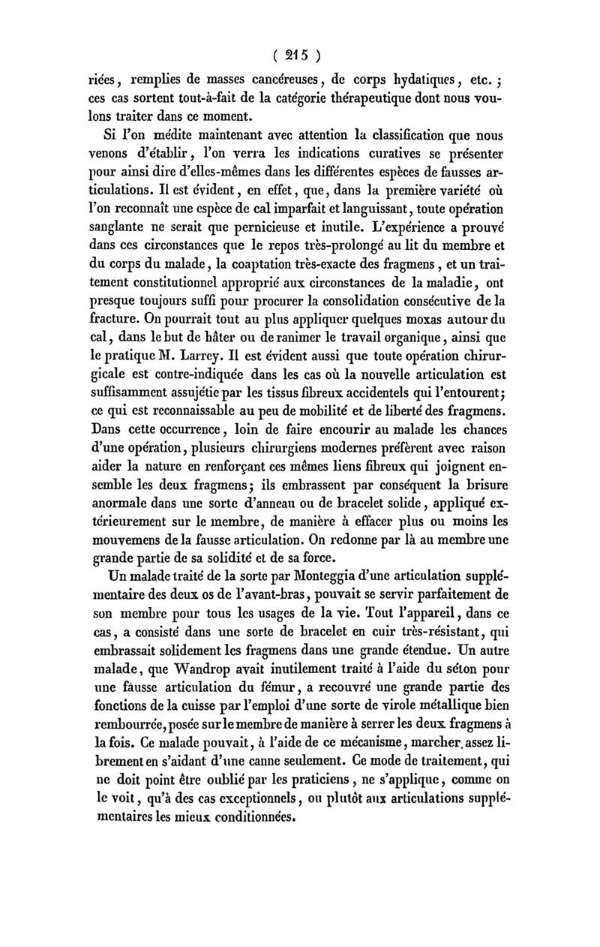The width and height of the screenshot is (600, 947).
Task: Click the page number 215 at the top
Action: (x=300, y=55)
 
